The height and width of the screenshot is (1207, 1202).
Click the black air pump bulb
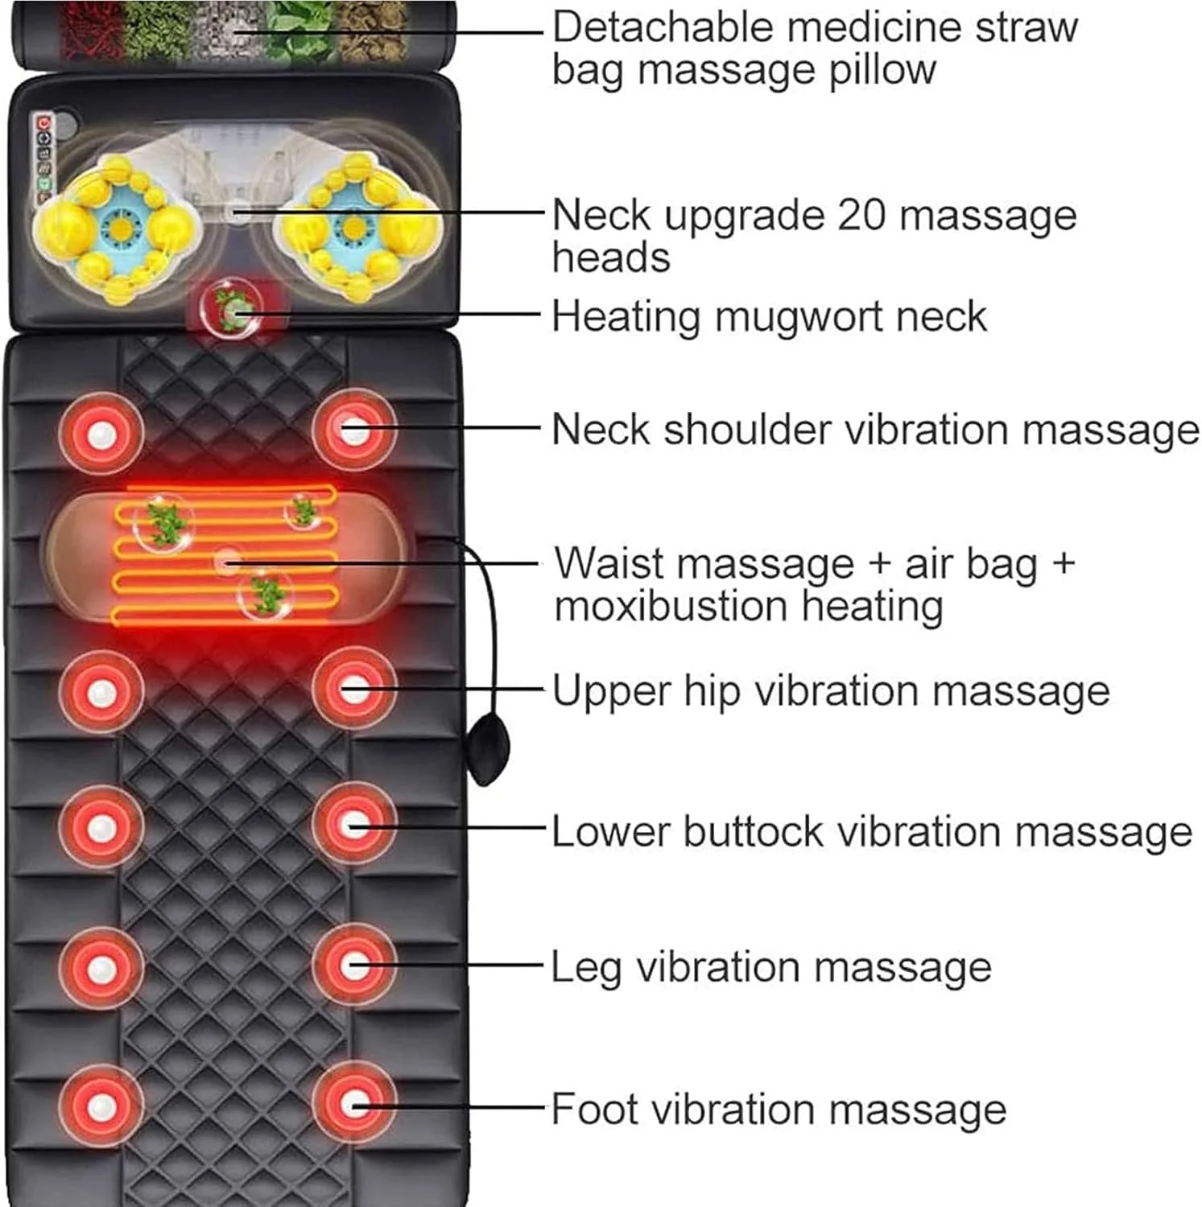click(488, 749)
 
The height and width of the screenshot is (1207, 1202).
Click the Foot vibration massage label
click(779, 1109)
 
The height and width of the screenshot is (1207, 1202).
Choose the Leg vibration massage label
click(771, 967)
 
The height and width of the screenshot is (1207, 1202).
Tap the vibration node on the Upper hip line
click(354, 690)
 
